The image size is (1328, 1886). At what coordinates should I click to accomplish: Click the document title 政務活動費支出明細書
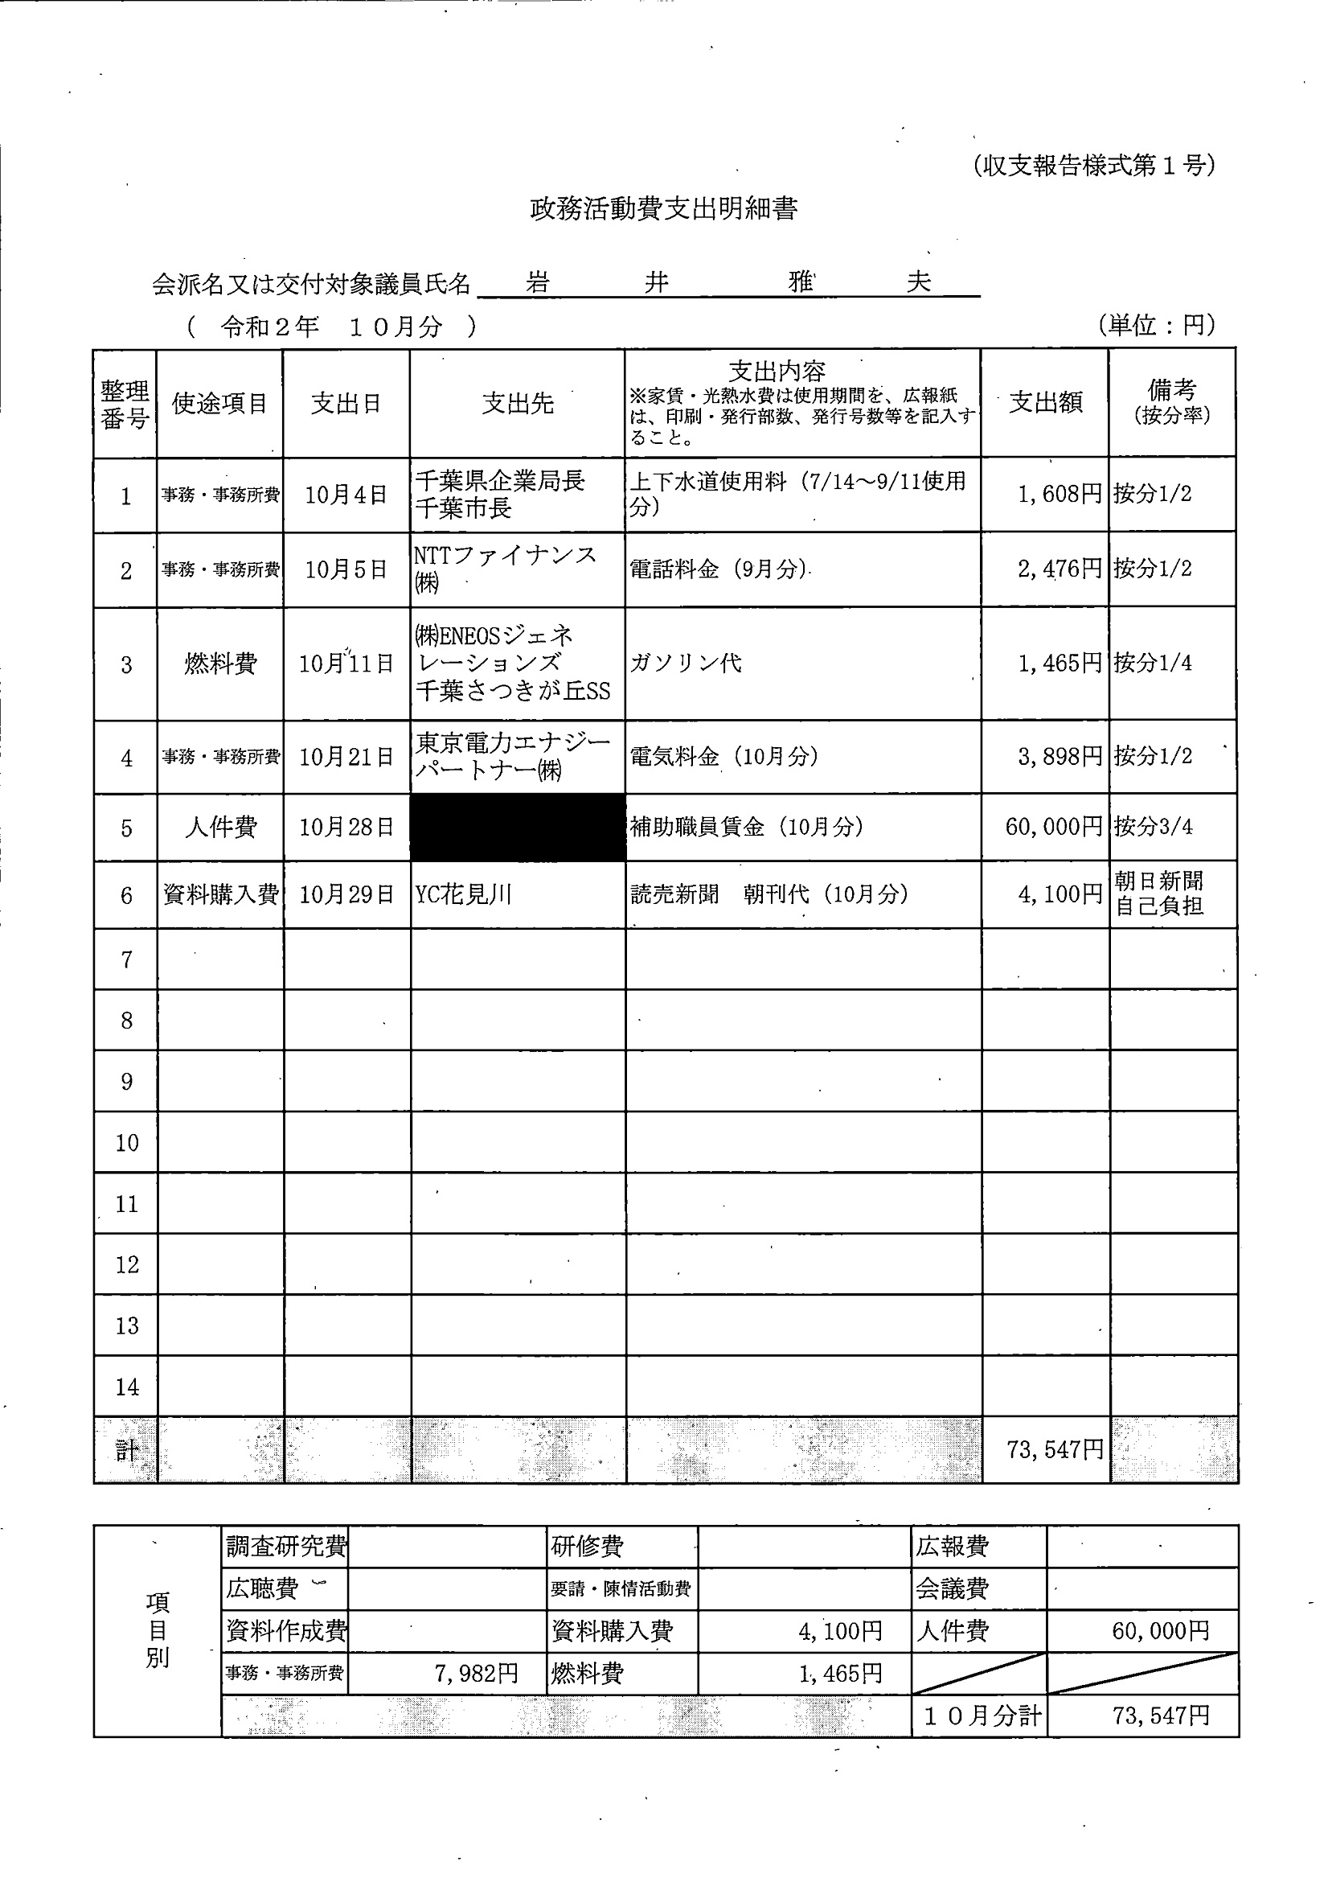pos(662,209)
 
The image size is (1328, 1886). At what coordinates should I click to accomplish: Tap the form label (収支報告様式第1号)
pos(1093,166)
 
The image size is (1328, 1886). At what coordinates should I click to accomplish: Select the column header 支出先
pos(518,403)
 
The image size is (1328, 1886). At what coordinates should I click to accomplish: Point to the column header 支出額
pos(1045,402)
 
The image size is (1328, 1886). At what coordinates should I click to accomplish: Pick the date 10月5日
pos(346,569)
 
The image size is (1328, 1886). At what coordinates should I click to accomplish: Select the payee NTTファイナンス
pos(504,556)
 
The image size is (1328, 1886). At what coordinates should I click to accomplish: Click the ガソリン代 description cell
pos(686,663)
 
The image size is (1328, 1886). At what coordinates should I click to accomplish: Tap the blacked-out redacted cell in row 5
pos(518,827)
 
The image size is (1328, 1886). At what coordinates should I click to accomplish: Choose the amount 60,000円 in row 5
pos(1054,826)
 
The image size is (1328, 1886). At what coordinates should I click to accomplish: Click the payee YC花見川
pos(463,894)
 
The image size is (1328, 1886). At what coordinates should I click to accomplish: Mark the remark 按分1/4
pos(1152,663)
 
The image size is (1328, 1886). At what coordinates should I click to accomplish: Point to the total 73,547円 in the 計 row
pos(1055,1450)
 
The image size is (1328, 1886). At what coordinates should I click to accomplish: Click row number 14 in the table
pos(126,1387)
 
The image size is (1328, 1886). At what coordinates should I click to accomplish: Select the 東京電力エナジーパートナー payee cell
pos(513,757)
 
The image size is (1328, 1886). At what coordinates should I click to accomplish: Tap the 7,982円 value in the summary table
pos(477,1673)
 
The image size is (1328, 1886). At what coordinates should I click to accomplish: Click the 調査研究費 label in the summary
pos(286,1547)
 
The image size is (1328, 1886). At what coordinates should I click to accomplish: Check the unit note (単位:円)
pos(1155,325)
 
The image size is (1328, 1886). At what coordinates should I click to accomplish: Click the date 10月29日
pos(346,894)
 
